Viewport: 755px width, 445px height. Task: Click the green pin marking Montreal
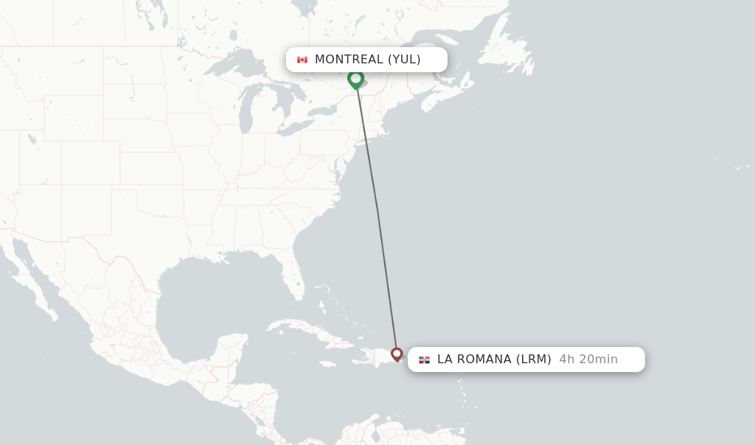tap(355, 78)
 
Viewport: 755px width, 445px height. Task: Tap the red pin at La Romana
tap(397, 354)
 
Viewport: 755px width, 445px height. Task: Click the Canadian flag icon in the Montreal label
tap(302, 60)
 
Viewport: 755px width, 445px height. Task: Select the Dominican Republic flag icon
tap(424, 360)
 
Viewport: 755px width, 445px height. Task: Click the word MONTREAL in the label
tap(349, 60)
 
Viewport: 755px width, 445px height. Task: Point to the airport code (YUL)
tap(404, 60)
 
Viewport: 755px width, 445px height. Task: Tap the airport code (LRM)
tap(533, 360)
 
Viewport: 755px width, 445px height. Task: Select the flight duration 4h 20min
tap(588, 360)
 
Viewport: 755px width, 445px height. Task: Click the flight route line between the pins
tap(377, 214)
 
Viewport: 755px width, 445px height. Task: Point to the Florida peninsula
tap(296, 284)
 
